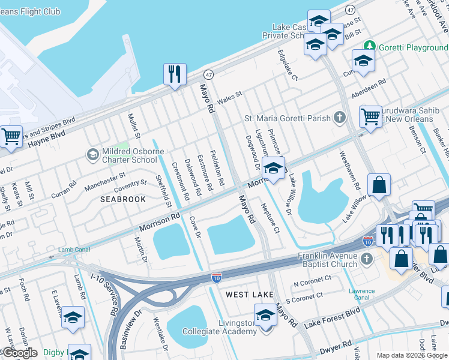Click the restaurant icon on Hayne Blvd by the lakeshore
click(x=175, y=74)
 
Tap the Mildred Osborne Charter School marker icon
click(x=92, y=155)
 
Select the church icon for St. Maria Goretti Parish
click(x=340, y=118)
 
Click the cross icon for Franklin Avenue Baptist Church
click(x=367, y=260)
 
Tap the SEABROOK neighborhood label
click(x=123, y=199)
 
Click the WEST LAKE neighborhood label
click(x=250, y=295)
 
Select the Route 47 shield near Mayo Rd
click(x=208, y=74)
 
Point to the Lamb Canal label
click(x=73, y=250)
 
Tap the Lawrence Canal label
click(x=361, y=295)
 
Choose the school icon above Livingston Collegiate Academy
click(x=265, y=314)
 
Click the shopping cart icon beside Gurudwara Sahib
click(x=370, y=116)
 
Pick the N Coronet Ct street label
click(x=312, y=281)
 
